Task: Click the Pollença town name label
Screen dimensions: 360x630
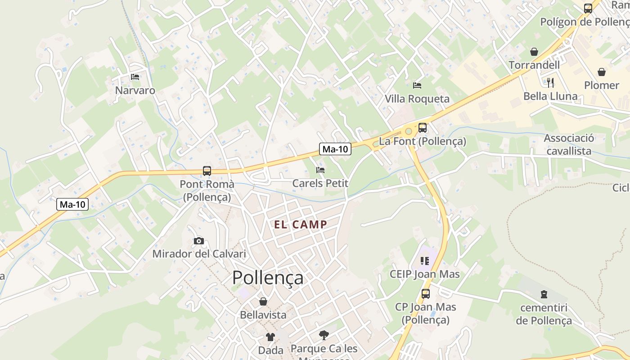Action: point(268,278)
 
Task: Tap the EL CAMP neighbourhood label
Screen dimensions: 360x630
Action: point(301,225)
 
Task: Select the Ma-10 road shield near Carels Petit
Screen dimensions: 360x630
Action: point(335,149)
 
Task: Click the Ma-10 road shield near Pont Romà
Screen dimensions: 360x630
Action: point(72,204)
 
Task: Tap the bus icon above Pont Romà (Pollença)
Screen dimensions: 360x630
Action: point(207,171)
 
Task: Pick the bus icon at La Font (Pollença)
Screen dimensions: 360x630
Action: point(422,128)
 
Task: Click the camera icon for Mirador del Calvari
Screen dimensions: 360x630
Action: point(199,241)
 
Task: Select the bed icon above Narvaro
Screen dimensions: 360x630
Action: point(135,77)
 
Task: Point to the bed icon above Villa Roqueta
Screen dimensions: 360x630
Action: point(417,85)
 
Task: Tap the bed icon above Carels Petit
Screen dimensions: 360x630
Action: point(320,170)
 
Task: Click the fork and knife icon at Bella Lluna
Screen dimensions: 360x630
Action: point(550,82)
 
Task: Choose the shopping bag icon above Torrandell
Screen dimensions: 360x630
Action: point(534,52)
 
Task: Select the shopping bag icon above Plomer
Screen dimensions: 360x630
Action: point(602,72)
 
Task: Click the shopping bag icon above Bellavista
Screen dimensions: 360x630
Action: point(263,301)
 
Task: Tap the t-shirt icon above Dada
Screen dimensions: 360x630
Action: point(270,337)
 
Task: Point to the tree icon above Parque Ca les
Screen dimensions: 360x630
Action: point(324,335)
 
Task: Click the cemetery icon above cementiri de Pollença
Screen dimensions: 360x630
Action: point(544,294)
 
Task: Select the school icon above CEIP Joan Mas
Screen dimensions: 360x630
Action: point(425,261)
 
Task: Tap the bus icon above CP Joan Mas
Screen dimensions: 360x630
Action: point(426,294)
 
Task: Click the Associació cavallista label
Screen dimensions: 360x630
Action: point(569,144)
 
